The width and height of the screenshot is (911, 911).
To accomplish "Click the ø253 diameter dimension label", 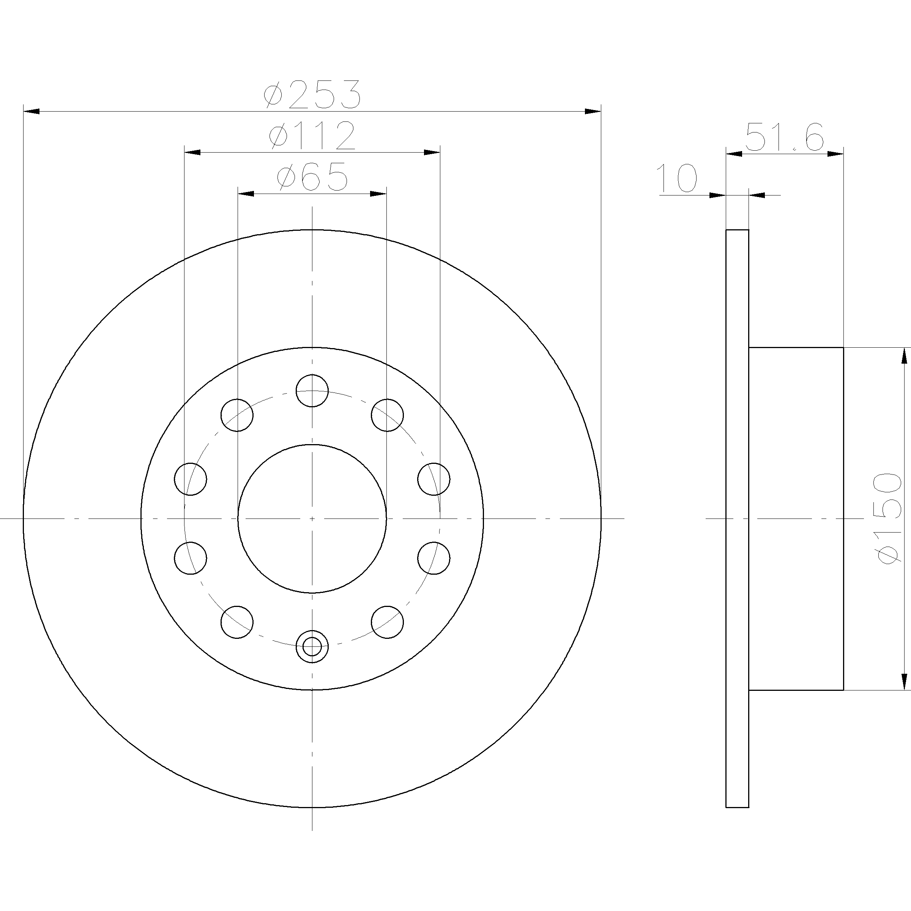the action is pos(312,93).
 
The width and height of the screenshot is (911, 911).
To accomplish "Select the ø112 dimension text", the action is pos(312,136).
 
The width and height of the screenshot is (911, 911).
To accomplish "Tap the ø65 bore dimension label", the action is pos(312,177).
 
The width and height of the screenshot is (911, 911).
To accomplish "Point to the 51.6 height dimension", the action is pos(785,137).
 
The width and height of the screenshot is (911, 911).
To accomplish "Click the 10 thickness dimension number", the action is pos(676,178).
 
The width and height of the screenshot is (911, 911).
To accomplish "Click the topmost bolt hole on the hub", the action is pos(312,391).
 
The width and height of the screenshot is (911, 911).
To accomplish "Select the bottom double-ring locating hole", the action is pos(312,646).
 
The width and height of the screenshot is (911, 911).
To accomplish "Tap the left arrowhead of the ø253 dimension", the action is pos(31,111).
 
